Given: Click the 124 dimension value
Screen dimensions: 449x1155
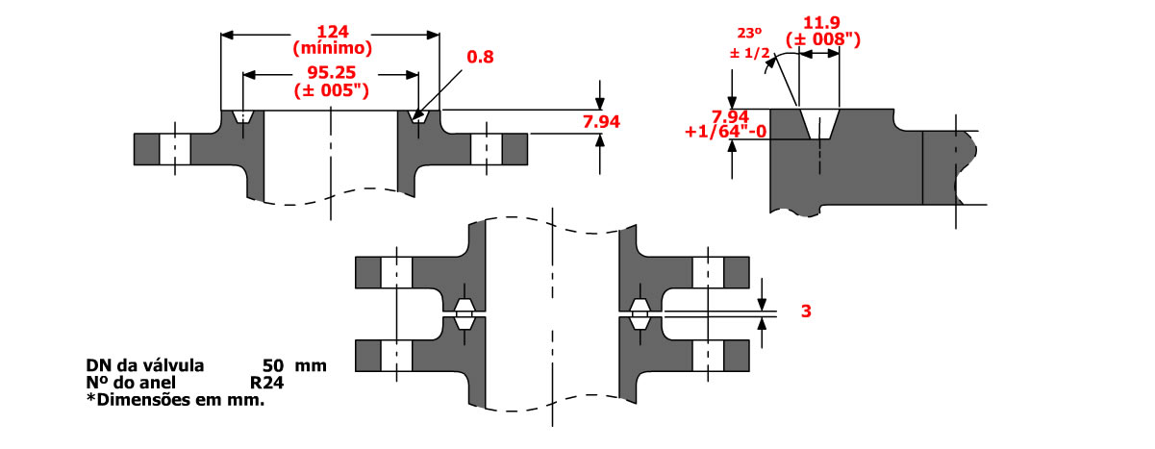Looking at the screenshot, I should point(332,30).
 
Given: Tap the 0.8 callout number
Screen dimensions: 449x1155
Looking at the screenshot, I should point(479,58).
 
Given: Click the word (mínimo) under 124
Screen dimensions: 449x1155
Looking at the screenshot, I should point(332,45).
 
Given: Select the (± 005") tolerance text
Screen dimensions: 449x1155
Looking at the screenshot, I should point(332,91).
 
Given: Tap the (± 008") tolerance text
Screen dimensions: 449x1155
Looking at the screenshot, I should point(822,39).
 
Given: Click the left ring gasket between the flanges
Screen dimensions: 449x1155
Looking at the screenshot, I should point(465,313).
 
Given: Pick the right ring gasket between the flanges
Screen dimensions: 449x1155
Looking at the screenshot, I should point(639,313).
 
